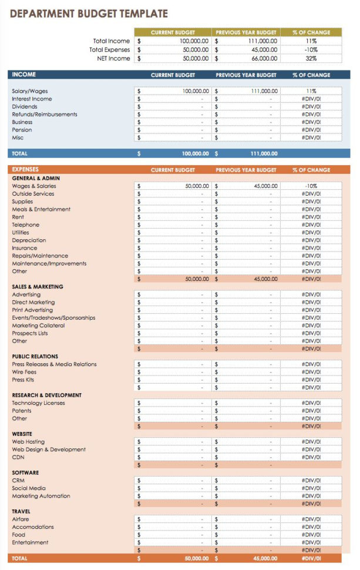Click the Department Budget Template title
(x=89, y=14)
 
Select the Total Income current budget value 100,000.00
(x=194, y=41)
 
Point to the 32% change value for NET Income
(x=311, y=59)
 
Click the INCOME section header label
(x=24, y=75)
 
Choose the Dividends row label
(x=25, y=107)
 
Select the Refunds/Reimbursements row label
(x=45, y=115)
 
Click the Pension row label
(x=22, y=130)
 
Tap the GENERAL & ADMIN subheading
(x=36, y=178)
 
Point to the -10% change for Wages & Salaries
(x=311, y=186)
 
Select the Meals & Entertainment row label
(x=41, y=209)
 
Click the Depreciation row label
(x=29, y=240)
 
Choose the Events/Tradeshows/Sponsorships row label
(x=53, y=318)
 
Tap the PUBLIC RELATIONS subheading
(x=35, y=356)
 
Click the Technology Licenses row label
(x=38, y=403)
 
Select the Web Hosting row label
(x=28, y=442)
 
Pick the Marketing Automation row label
(x=41, y=496)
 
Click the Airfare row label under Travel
(x=21, y=519)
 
